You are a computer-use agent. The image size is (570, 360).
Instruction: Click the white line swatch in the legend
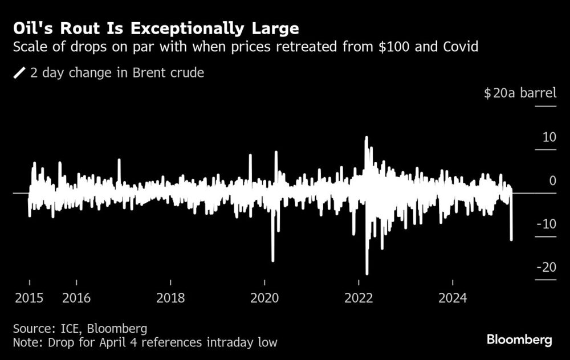(x=20, y=73)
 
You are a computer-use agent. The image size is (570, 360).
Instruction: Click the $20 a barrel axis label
(x=519, y=93)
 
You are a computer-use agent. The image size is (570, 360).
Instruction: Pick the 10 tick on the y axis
(x=549, y=137)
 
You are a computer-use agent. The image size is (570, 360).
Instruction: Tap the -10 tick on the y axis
(x=547, y=224)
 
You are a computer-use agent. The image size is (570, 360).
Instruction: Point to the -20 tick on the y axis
(x=547, y=267)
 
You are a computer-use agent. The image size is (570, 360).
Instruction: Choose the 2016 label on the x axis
(x=76, y=297)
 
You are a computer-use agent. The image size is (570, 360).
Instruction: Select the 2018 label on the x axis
(x=170, y=297)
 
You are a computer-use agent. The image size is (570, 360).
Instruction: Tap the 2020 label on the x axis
(x=264, y=297)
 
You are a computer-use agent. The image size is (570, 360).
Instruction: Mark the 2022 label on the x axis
(x=359, y=297)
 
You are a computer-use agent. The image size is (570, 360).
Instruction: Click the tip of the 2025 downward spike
(x=511, y=240)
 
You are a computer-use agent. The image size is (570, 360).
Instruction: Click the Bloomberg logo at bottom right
(x=519, y=340)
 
